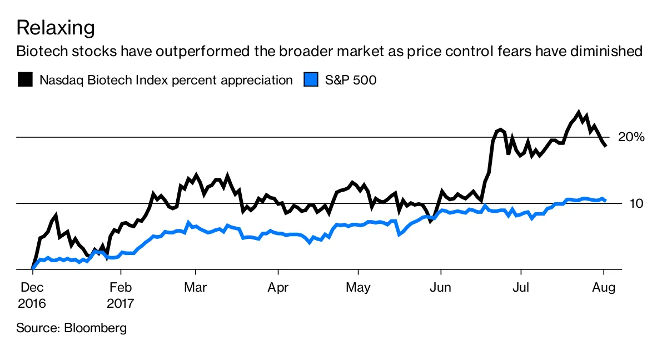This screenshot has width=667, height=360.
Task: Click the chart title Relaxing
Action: tap(56, 27)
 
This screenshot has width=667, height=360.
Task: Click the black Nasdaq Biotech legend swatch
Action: tap(25, 80)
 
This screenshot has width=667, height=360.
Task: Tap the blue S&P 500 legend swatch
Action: tap(311, 80)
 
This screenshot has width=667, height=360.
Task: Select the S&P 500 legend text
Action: tap(351, 80)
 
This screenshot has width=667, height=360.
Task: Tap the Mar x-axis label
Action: tap(196, 288)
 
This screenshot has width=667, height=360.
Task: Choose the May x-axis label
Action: tap(358, 288)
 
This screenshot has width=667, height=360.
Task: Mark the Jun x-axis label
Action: tap(441, 288)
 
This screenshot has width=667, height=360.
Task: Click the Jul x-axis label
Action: tap(521, 288)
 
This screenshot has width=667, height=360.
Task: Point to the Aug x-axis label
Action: tap(603, 288)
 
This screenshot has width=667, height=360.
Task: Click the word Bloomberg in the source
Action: tap(96, 328)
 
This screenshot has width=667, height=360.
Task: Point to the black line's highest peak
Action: tap(579, 113)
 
